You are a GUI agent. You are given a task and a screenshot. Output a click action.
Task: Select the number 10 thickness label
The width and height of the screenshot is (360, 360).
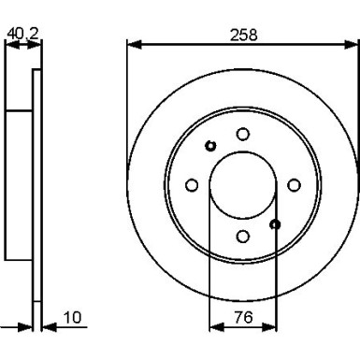click(x=74, y=319)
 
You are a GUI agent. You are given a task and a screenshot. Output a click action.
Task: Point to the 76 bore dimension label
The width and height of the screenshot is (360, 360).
click(x=242, y=319)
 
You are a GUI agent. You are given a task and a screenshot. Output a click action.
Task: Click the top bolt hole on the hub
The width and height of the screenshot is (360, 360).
click(x=242, y=135)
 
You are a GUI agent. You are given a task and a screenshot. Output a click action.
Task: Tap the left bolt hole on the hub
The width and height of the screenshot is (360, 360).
click(x=193, y=185)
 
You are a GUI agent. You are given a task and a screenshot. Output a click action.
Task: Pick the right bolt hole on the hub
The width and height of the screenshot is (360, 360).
click(x=293, y=185)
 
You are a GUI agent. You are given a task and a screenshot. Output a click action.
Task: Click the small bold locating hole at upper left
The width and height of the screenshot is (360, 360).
click(x=210, y=145)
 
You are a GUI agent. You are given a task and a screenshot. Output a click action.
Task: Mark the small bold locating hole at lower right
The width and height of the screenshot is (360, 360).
click(x=275, y=224)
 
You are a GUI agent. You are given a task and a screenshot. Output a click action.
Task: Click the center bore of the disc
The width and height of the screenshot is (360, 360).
click(x=242, y=184)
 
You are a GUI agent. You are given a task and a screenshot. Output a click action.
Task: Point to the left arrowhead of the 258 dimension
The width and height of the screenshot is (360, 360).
click(x=132, y=44)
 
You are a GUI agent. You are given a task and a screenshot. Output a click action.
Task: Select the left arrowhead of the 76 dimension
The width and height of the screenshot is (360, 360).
click(x=213, y=329)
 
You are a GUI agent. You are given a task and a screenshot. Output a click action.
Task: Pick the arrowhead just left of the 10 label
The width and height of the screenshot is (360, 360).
click(x=47, y=329)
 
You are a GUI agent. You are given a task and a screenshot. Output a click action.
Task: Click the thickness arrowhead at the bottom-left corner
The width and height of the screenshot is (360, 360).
click(x=25, y=329)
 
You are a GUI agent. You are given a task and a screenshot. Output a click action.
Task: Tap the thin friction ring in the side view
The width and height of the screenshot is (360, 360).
click(x=36, y=185)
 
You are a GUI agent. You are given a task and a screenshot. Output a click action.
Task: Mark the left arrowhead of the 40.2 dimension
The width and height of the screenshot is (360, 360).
click(x=9, y=44)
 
